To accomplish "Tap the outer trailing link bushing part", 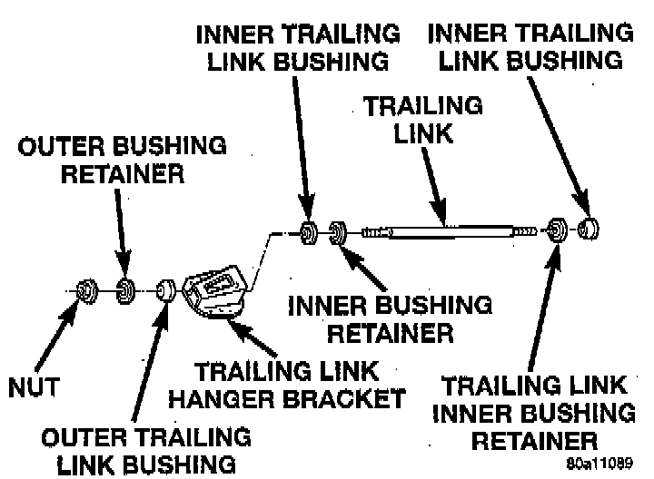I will pyautogui.click(x=166, y=290).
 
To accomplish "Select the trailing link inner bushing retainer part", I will pyautogui.click(x=558, y=230).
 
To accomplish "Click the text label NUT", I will pyautogui.click(x=34, y=387).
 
